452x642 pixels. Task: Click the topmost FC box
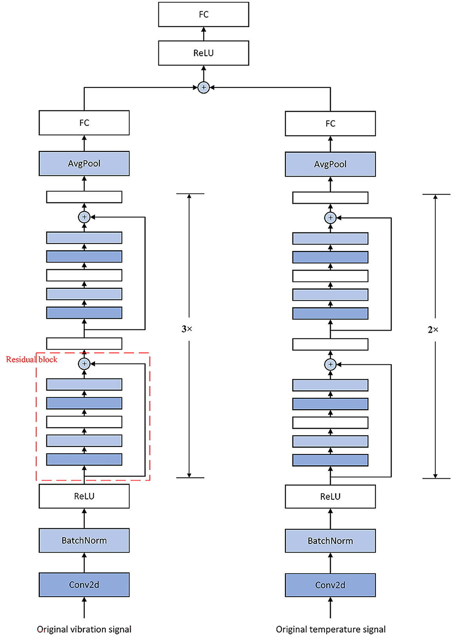tap(203, 15)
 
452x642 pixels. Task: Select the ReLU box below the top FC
tap(203, 53)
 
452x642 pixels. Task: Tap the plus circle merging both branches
tap(203, 87)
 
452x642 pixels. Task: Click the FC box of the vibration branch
tap(84, 123)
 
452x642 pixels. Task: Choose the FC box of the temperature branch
tap(330, 124)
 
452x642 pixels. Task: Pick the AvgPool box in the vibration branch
tap(84, 164)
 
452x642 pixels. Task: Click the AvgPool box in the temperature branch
tap(330, 164)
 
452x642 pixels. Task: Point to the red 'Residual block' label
tap(31, 360)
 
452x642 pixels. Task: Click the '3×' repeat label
tap(187, 329)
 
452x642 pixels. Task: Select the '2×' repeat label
tap(433, 330)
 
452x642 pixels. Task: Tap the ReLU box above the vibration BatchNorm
tap(84, 496)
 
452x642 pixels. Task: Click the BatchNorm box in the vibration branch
tap(84, 540)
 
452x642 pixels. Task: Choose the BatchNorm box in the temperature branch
tap(330, 541)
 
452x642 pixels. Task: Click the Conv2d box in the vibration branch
tap(84, 585)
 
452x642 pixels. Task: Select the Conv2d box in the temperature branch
tap(330, 585)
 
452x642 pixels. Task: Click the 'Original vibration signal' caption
tap(84, 629)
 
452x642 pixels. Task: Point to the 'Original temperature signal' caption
tap(330, 629)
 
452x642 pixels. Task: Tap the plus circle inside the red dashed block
tap(84, 364)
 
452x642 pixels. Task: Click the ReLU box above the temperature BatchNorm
tap(330, 497)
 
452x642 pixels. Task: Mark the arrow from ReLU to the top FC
tap(203, 34)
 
